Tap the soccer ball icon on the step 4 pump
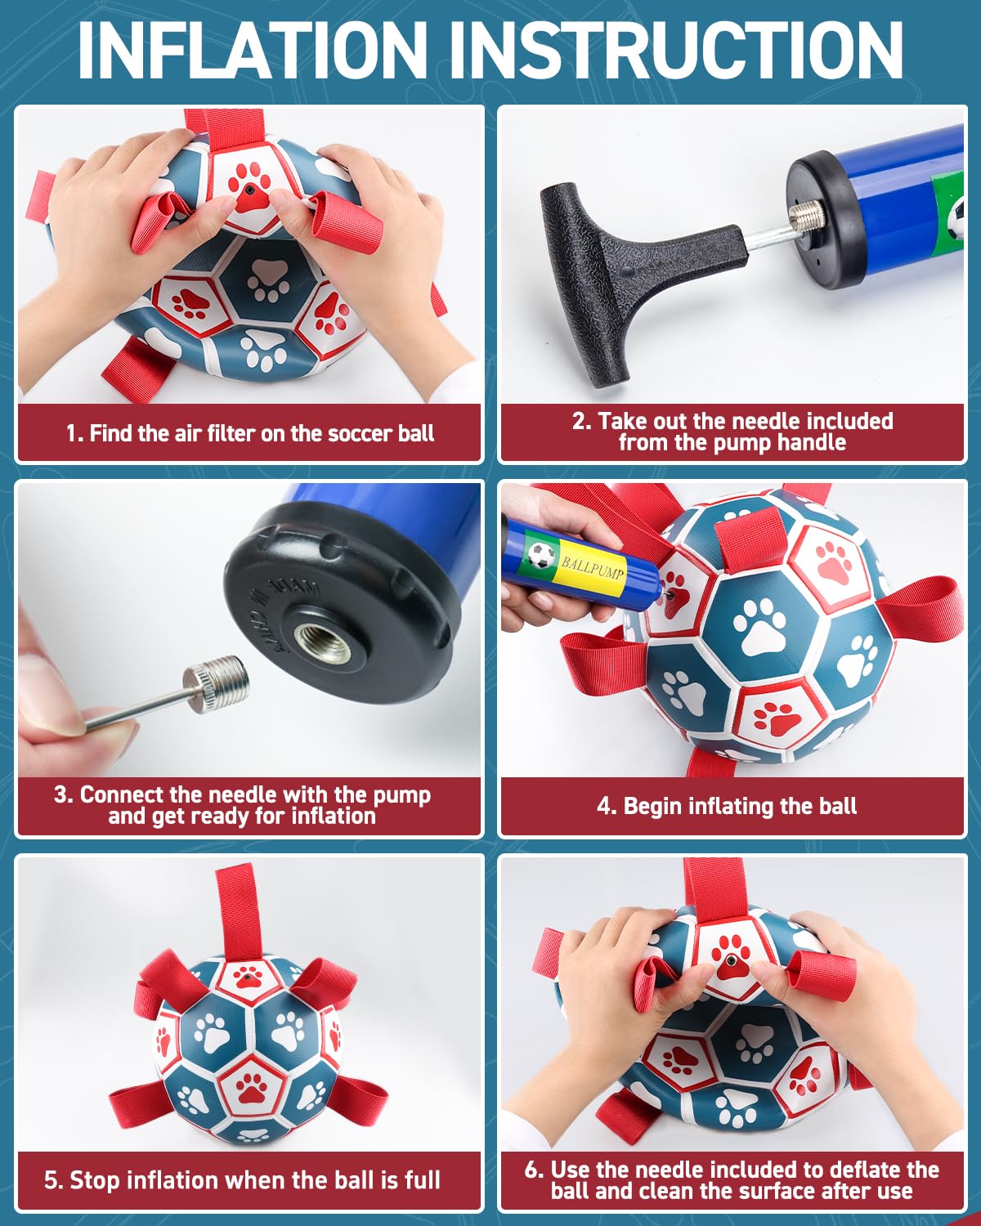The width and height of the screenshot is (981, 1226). (x=540, y=554)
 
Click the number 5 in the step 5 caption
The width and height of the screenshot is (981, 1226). (x=52, y=1180)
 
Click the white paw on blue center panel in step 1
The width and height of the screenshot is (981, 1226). (x=267, y=280)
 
